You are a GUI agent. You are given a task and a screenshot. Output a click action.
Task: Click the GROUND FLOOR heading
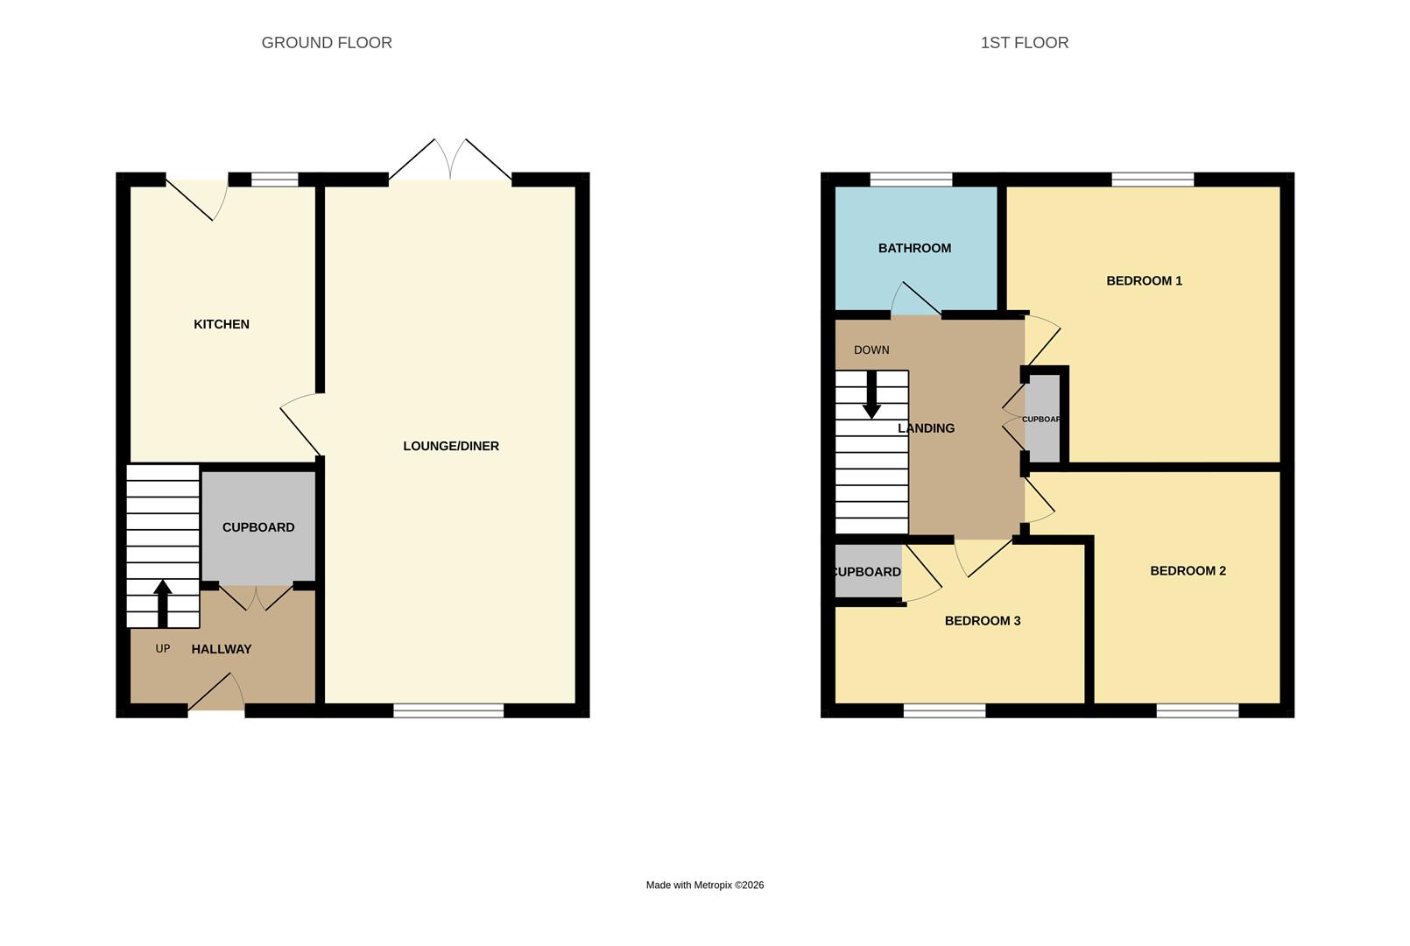[327, 43]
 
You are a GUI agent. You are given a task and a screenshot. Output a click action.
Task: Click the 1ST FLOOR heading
[1024, 43]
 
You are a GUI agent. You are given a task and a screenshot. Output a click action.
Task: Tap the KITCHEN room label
[222, 324]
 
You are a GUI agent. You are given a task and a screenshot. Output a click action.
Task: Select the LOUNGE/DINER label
[451, 446]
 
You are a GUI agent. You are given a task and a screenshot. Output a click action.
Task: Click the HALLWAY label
[222, 649]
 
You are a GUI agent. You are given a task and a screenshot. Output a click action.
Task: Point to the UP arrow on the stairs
[163, 603]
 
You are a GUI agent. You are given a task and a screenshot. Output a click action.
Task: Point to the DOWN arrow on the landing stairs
[871, 395]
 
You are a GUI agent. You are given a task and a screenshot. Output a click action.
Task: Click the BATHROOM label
[914, 248]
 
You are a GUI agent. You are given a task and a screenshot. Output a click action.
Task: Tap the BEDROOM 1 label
[1144, 281]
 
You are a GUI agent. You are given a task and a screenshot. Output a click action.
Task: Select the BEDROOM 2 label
[1188, 571]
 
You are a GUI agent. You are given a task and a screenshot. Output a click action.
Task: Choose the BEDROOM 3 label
[982, 621]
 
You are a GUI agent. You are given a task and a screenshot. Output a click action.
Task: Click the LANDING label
[926, 428]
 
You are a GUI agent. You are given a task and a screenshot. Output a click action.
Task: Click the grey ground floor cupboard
[258, 527]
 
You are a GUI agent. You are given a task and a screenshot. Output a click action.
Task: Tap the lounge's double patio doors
[450, 162]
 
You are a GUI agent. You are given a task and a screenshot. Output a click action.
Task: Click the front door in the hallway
[216, 695]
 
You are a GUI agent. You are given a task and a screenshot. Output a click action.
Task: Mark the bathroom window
[911, 180]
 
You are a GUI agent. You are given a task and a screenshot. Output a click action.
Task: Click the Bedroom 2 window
[1197, 711]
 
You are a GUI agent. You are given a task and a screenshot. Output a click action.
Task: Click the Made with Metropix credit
[704, 886]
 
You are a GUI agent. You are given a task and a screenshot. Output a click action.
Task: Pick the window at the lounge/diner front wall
[448, 711]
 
